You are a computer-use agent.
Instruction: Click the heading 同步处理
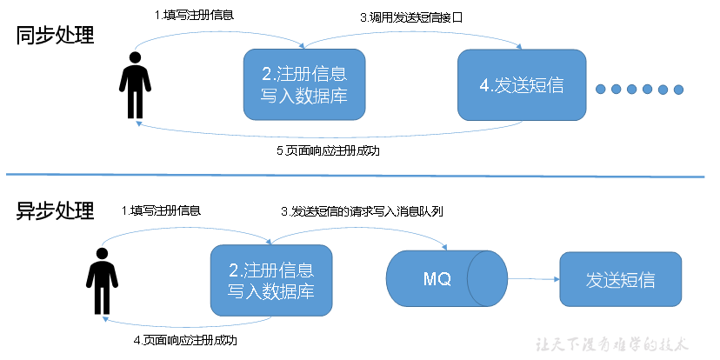[54, 37]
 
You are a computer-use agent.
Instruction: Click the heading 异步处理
[54, 211]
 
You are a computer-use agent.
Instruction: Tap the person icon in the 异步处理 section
[102, 280]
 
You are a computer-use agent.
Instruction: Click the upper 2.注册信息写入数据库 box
[303, 84]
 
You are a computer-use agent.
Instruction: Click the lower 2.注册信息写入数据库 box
[270, 280]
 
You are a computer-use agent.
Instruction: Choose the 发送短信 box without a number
[619, 280]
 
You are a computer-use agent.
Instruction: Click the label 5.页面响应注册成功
[327, 150]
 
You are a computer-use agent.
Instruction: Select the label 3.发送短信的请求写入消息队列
[362, 211]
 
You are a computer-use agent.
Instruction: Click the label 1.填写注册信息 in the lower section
[161, 211]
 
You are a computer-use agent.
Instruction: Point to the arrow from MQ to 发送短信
[532, 279]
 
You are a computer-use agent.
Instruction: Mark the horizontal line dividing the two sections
[360, 177]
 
